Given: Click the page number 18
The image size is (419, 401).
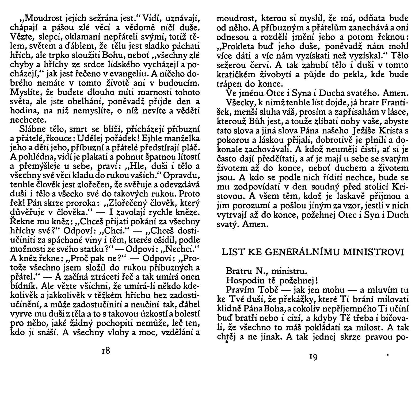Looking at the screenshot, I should (106, 350).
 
